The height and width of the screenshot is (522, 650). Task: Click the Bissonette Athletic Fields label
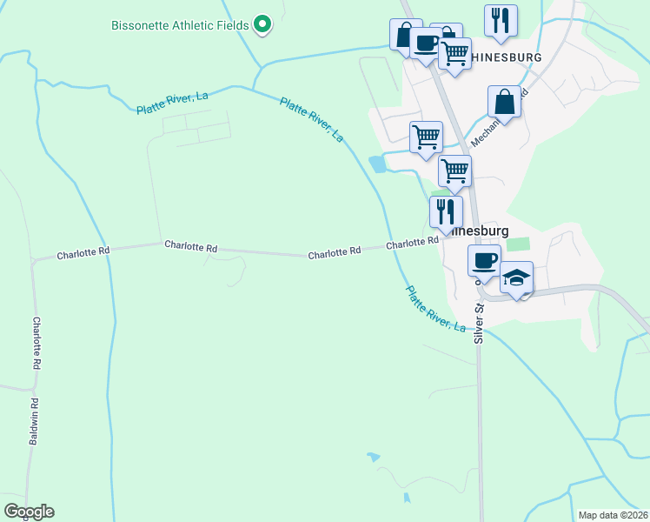(180, 24)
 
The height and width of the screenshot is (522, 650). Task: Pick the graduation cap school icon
(517, 278)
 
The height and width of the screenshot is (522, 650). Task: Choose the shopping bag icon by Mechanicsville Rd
(504, 102)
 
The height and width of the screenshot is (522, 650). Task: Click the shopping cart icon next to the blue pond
(426, 136)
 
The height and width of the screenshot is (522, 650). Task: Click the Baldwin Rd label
(35, 425)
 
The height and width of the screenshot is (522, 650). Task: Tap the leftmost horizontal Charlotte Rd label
(83, 254)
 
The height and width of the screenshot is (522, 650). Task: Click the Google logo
(29, 512)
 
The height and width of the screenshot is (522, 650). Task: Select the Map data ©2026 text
(614, 514)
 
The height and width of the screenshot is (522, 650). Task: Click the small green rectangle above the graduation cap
(518, 245)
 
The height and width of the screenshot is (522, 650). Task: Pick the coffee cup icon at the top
(426, 44)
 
